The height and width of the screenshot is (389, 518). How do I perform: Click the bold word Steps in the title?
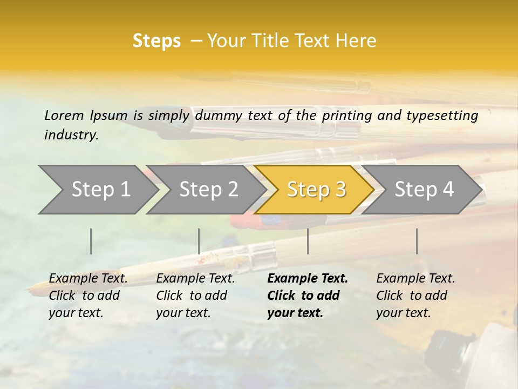156,41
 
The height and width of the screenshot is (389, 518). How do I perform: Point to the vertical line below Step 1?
91,241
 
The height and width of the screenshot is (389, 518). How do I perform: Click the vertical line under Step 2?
199,241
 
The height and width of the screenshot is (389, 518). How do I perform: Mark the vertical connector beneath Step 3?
308,241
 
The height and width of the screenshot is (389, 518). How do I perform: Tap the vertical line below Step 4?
417,241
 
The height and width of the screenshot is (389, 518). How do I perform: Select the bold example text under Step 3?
307,296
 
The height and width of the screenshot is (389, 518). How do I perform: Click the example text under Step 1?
88,296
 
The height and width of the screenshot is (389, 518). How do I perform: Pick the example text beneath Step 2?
195,296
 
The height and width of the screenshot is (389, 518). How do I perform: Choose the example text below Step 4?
415,296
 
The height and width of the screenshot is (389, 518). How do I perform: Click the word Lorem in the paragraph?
64,115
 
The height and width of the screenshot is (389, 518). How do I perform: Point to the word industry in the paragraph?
71,135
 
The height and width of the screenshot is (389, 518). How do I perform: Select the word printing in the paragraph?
348,115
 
